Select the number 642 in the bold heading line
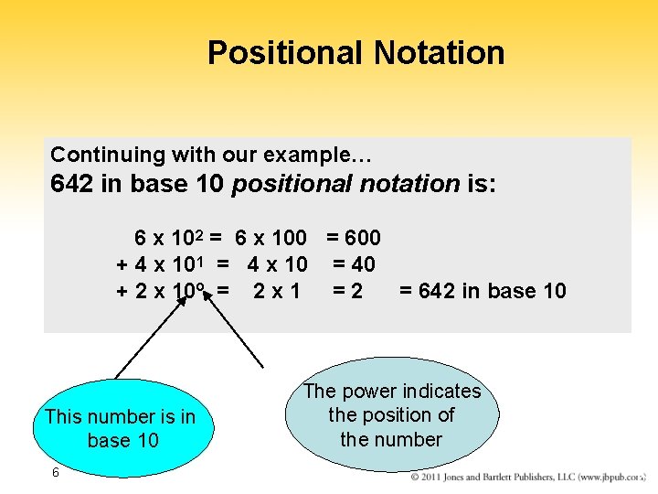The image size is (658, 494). coord(74,184)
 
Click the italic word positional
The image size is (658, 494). coord(292,184)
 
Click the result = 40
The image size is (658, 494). coord(354,265)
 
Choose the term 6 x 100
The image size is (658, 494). coord(271,239)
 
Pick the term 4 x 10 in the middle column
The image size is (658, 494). coord(277,265)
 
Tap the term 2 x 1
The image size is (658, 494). coord(277,292)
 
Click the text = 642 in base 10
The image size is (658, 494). coord(483,292)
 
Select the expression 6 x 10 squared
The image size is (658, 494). coord(171,239)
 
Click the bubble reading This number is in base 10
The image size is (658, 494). coord(120,428)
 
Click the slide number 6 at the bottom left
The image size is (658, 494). coord(56,473)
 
